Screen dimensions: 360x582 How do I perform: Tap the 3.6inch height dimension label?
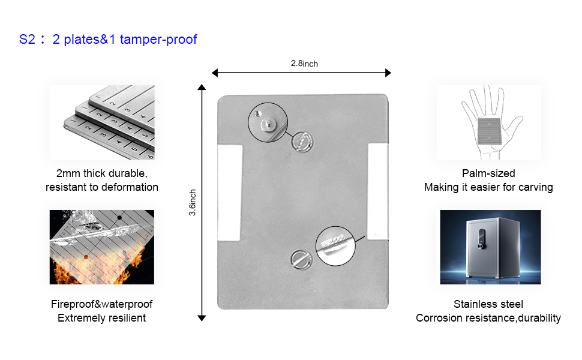pyautogui.click(x=193, y=203)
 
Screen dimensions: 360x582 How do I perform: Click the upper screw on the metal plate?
pyautogui.click(x=301, y=142)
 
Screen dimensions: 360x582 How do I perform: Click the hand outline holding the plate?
pyautogui.click(x=488, y=122)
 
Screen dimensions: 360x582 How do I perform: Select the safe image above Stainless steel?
pyautogui.click(x=490, y=247)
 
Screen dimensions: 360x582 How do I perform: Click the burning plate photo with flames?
pyautogui.click(x=102, y=247)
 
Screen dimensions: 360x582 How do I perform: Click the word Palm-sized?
pyautogui.click(x=488, y=173)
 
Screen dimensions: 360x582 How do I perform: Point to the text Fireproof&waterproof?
pyautogui.click(x=102, y=304)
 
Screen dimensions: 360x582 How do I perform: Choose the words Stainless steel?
pyautogui.click(x=488, y=304)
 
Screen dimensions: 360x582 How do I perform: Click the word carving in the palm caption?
pyautogui.click(x=534, y=187)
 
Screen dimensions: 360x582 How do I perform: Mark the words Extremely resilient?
pyautogui.click(x=102, y=318)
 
